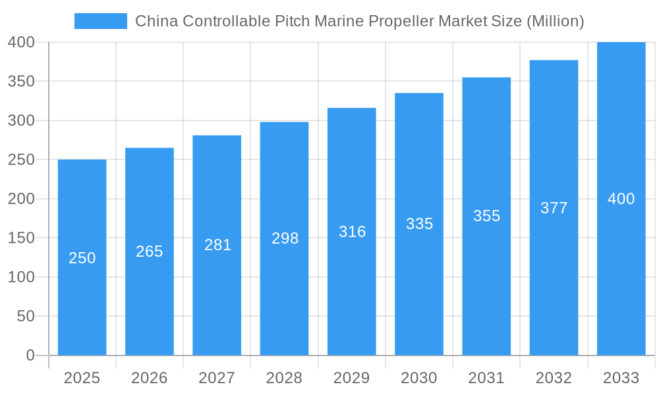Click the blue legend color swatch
click(100, 21)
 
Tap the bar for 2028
click(284, 296)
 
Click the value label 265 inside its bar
click(150, 251)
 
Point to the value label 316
click(352, 232)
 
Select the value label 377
click(554, 208)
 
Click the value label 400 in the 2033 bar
click(621, 199)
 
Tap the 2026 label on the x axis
click(150, 378)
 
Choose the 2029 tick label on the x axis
click(352, 378)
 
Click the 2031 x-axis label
click(486, 378)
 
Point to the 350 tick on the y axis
click(21, 81)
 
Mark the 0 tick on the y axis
click(30, 355)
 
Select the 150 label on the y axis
click(21, 238)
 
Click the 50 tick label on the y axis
click(25, 316)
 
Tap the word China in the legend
click(156, 21)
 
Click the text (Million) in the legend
click(555, 21)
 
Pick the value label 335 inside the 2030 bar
click(419, 224)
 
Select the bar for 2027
click(217, 296)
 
